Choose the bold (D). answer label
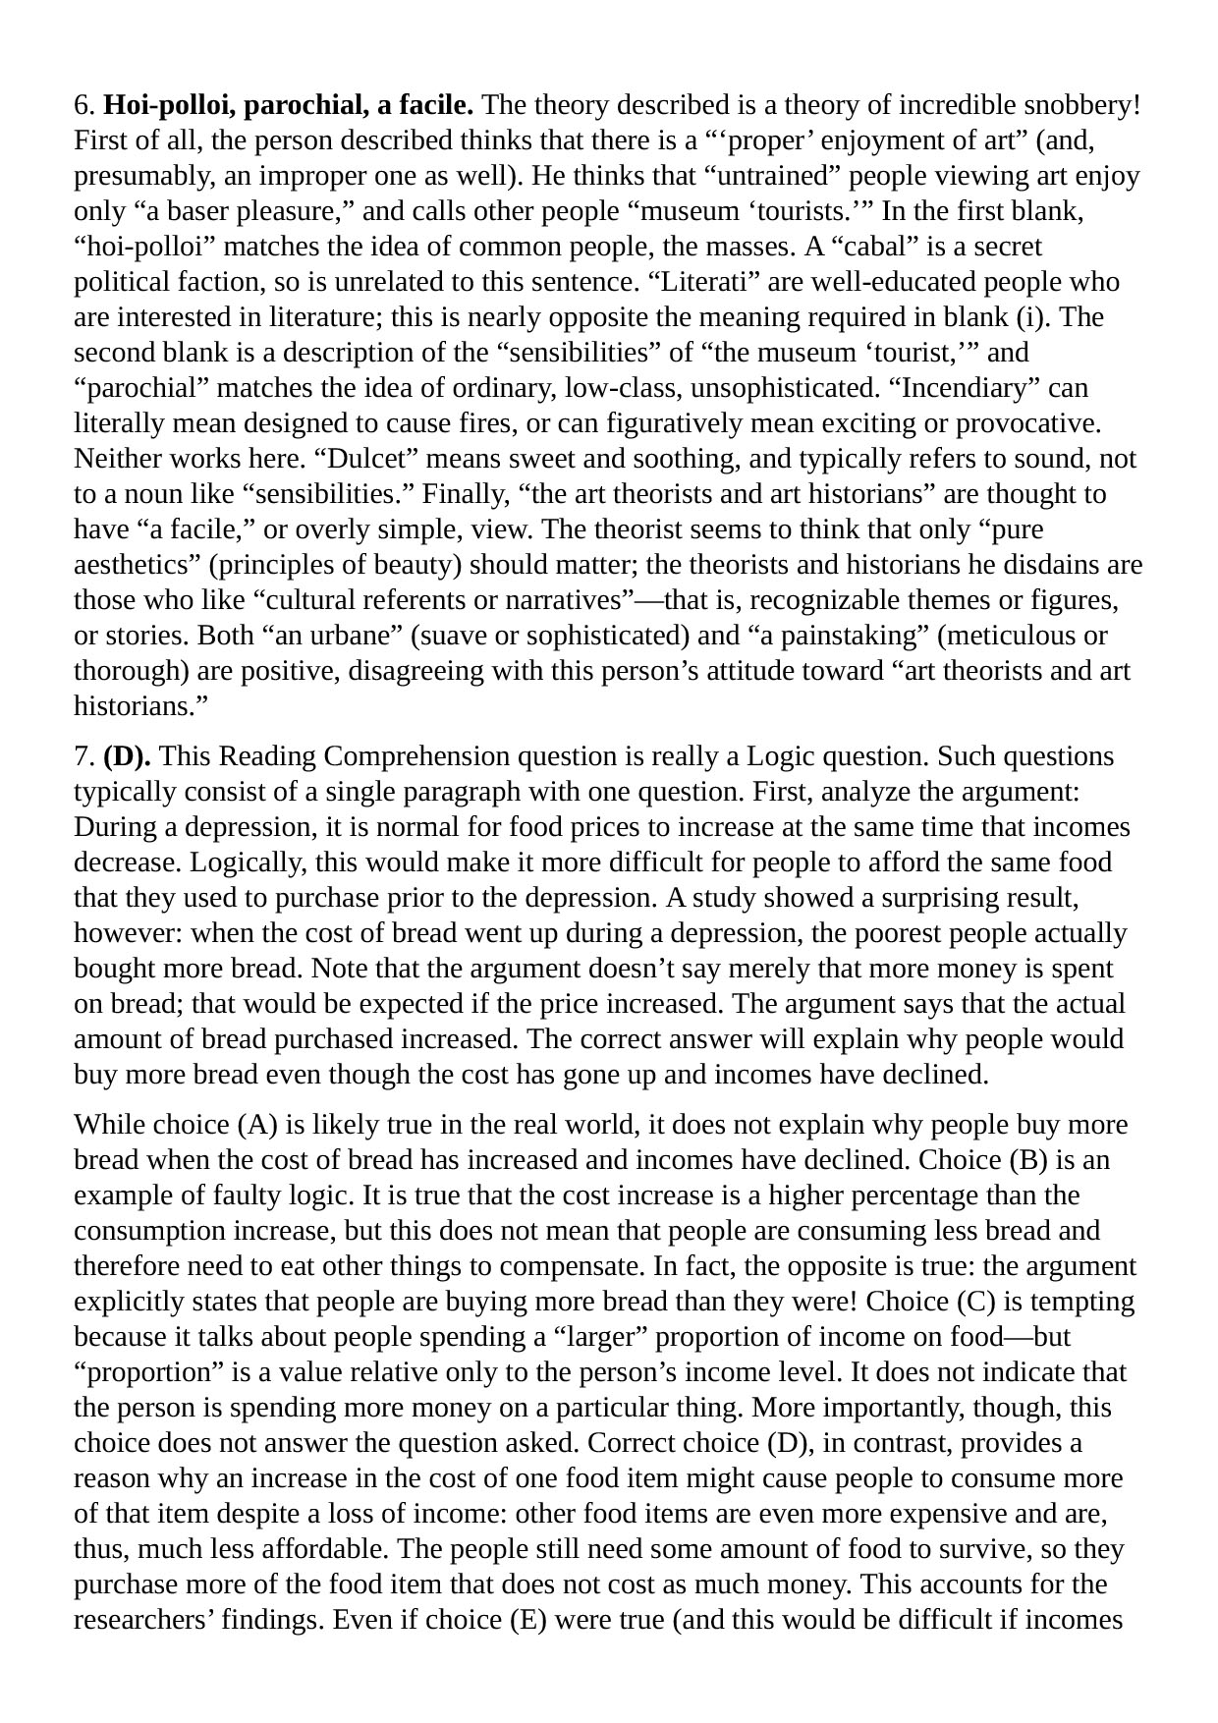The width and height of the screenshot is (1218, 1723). (127, 756)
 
